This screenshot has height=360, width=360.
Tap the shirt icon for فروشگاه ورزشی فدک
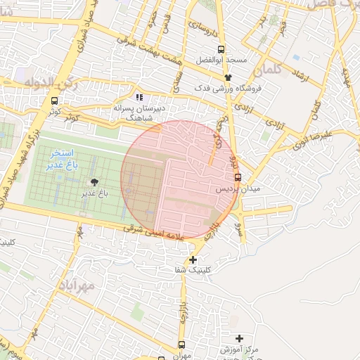pyautogui.click(x=228, y=77)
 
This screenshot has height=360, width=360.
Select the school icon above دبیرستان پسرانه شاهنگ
pyautogui.click(x=139, y=96)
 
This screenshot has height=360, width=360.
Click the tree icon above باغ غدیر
pyautogui.click(x=96, y=183)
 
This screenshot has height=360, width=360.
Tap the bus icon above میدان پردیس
pyautogui.click(x=238, y=177)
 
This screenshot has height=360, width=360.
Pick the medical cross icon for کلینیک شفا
pyautogui.click(x=193, y=259)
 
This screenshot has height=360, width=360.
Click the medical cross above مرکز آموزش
pyautogui.click(x=240, y=338)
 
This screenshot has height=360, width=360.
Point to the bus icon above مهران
pyautogui.click(x=182, y=345)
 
